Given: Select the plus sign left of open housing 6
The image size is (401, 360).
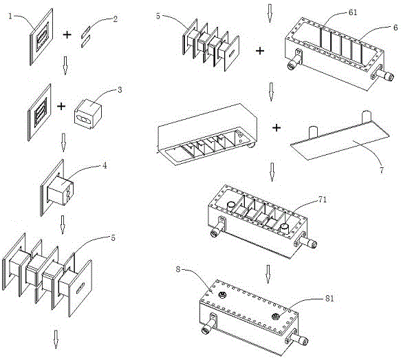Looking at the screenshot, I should click(262, 50).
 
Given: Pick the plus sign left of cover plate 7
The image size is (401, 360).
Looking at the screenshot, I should click(277, 127).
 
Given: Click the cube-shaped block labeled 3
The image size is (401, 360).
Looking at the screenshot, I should click(90, 111).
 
